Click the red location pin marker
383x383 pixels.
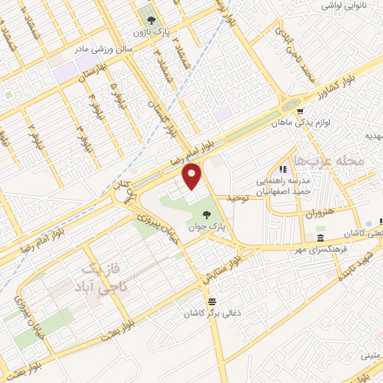[193, 176]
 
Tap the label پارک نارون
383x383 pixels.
[148, 34]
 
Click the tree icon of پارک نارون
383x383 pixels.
[149, 21]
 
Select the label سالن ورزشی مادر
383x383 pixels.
[102, 49]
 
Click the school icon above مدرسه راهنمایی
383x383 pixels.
[283, 169]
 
